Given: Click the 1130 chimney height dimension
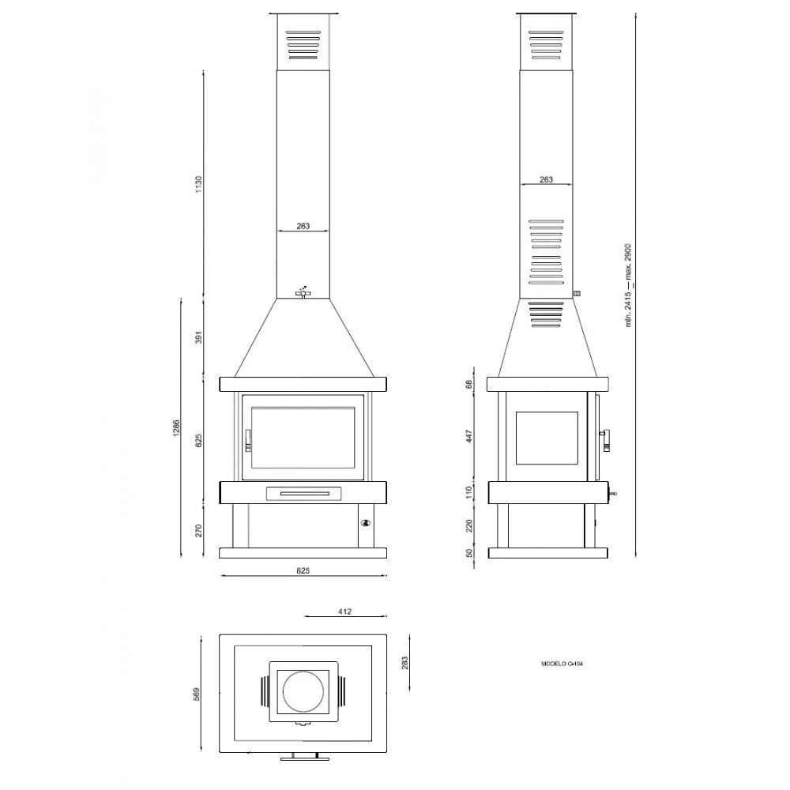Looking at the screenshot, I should (x=199, y=184).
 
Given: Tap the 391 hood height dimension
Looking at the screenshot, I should (x=199, y=337).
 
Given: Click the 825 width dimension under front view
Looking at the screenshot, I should (x=303, y=570).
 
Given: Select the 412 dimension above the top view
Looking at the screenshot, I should (x=344, y=611).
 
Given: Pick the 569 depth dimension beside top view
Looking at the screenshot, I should (x=197, y=693).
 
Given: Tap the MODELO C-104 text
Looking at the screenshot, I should (x=562, y=664).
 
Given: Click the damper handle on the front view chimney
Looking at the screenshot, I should (x=303, y=293).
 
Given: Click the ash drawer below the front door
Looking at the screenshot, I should (x=303, y=493).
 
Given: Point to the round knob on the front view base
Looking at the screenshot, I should (x=365, y=522).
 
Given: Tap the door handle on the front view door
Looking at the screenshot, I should (x=247, y=439).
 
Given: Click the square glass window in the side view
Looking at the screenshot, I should (x=547, y=438).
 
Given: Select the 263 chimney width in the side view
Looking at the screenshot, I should (x=546, y=180).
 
